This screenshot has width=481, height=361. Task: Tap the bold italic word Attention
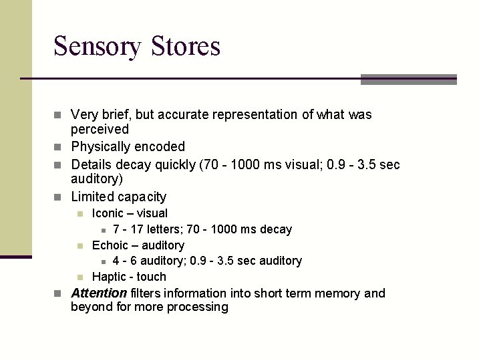99,293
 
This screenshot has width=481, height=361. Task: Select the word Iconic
108,213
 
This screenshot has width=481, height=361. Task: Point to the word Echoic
109,245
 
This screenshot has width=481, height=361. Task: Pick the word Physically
101,146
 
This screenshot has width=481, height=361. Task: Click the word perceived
100,129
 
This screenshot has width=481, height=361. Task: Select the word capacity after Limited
142,197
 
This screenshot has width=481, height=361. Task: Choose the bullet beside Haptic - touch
79,277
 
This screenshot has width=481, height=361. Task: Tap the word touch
151,277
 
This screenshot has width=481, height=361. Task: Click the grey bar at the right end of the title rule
408,80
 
